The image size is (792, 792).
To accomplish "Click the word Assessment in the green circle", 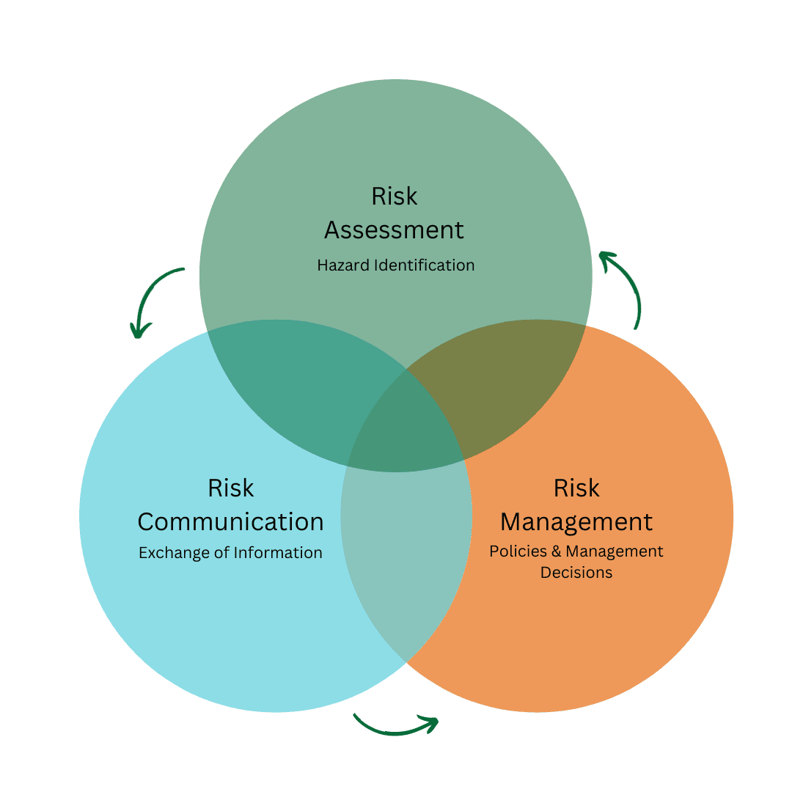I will coord(395,230).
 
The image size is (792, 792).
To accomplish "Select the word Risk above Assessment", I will coord(395,197).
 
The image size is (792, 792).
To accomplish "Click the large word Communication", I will coord(230,522).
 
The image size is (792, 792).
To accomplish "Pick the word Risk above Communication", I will coord(230,488).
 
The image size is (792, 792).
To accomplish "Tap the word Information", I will coord(278,553).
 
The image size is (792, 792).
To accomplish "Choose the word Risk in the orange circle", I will coord(576,488).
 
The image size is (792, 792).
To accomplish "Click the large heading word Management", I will coord(576,522).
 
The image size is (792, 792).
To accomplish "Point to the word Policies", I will coord(518,551).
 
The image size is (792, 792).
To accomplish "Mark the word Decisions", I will coord(576,573).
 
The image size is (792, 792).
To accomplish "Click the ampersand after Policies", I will coord(556,551).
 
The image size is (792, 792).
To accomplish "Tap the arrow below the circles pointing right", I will coord(396,725).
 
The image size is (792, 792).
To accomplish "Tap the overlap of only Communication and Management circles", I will coord(406,557).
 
